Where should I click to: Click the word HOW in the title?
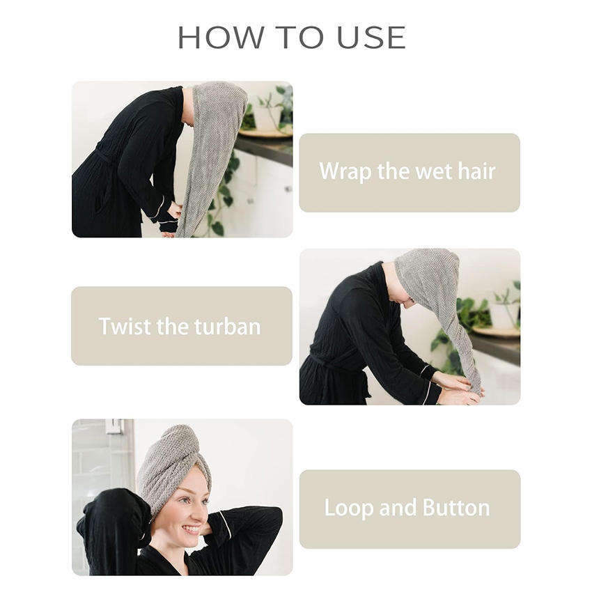tap(221, 37)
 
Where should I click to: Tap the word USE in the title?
tap(371, 37)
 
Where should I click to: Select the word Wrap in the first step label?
tap(345, 172)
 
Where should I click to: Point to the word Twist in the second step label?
tap(125, 326)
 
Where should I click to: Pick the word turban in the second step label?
tap(227, 327)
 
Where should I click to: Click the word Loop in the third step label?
tap(349, 508)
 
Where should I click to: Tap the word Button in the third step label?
tap(456, 508)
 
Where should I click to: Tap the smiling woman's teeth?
tap(192, 529)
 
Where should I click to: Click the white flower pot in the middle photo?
tap(504, 316)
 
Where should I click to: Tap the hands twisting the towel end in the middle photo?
tap(458, 387)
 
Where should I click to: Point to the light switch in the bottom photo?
tap(114, 426)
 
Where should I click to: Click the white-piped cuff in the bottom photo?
tap(225, 525)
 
